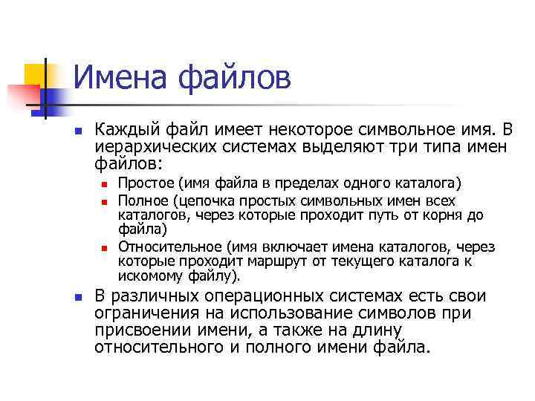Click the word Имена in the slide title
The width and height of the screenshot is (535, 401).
120,79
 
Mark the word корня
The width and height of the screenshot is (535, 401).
440,215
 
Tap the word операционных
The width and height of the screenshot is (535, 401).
267,297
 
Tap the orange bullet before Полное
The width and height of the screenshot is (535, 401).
105,201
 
